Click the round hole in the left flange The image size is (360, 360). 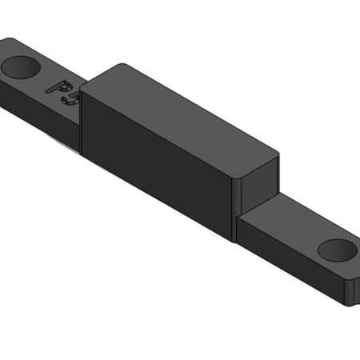coord(22,66)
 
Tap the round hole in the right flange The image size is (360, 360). coord(337,250)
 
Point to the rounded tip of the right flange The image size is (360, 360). coord(352,280)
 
